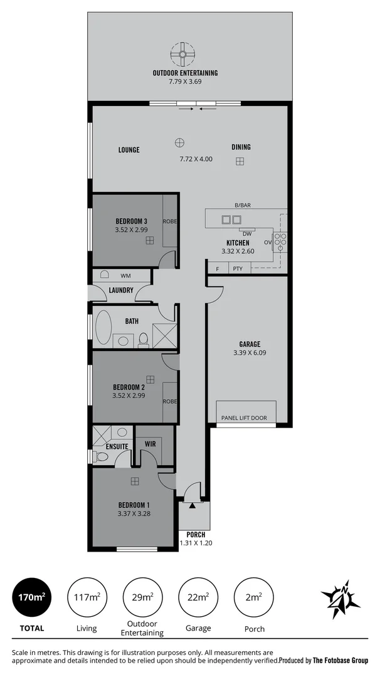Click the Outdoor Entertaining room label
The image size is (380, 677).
pos(185,73)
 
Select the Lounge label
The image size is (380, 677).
pos(129,150)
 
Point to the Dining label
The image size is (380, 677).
pos(241,147)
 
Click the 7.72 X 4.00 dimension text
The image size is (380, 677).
pos(196,159)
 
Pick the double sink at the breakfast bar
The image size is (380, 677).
pos(231,219)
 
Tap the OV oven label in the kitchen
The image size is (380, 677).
pos(267,242)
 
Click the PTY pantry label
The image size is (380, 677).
pos(238,269)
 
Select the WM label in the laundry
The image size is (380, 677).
pos(125,275)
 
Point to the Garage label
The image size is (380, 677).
pos(250,344)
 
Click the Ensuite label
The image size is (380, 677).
pos(117,446)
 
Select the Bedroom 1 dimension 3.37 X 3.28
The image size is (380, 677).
pos(134,513)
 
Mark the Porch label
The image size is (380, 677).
pos(196,534)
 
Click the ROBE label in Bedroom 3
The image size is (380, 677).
pos(169,221)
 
